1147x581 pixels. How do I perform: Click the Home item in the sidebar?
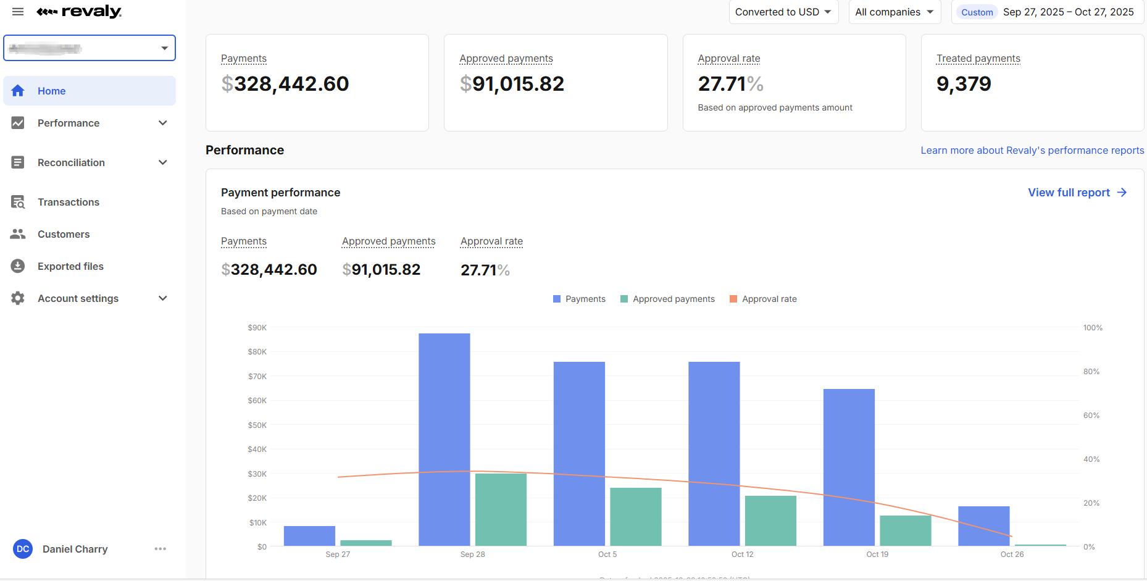click(x=51, y=91)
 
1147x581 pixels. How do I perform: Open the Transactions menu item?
click(x=68, y=202)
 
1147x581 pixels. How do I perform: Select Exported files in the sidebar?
click(x=70, y=266)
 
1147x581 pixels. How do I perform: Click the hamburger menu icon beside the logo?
click(x=18, y=12)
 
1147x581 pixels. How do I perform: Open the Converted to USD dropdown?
click(x=783, y=12)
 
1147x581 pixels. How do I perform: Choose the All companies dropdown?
click(x=894, y=12)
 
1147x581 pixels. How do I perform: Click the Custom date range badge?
click(x=977, y=12)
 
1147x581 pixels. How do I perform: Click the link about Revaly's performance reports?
click(x=1032, y=151)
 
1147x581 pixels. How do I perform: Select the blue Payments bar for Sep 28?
click(x=444, y=439)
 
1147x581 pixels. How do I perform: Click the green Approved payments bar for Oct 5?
click(x=635, y=517)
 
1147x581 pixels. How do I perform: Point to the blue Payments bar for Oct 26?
click(x=983, y=526)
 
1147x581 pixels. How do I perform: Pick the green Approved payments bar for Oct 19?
click(x=905, y=530)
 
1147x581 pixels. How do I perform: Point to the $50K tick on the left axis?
click(x=257, y=425)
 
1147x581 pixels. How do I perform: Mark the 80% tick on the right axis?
click(x=1091, y=372)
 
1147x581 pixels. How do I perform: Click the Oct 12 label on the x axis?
click(x=742, y=554)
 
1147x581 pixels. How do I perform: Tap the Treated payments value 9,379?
click(x=964, y=84)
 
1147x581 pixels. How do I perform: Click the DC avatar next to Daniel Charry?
click(x=23, y=549)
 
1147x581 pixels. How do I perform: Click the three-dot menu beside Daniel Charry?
click(x=161, y=549)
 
